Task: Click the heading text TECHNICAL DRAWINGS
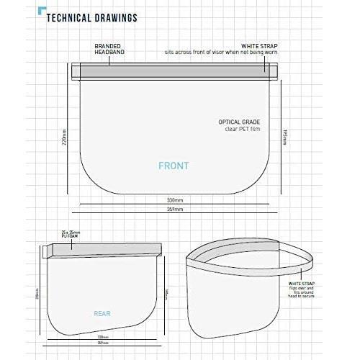pos(92,18)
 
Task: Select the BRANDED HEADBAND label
pos(108,49)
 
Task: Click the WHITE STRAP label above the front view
pos(260,46)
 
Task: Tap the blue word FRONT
pos(174,166)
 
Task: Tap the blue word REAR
pos(102,314)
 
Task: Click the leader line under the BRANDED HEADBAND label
pos(108,58)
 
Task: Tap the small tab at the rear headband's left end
pos(48,250)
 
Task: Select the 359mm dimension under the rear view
pos(103,343)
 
